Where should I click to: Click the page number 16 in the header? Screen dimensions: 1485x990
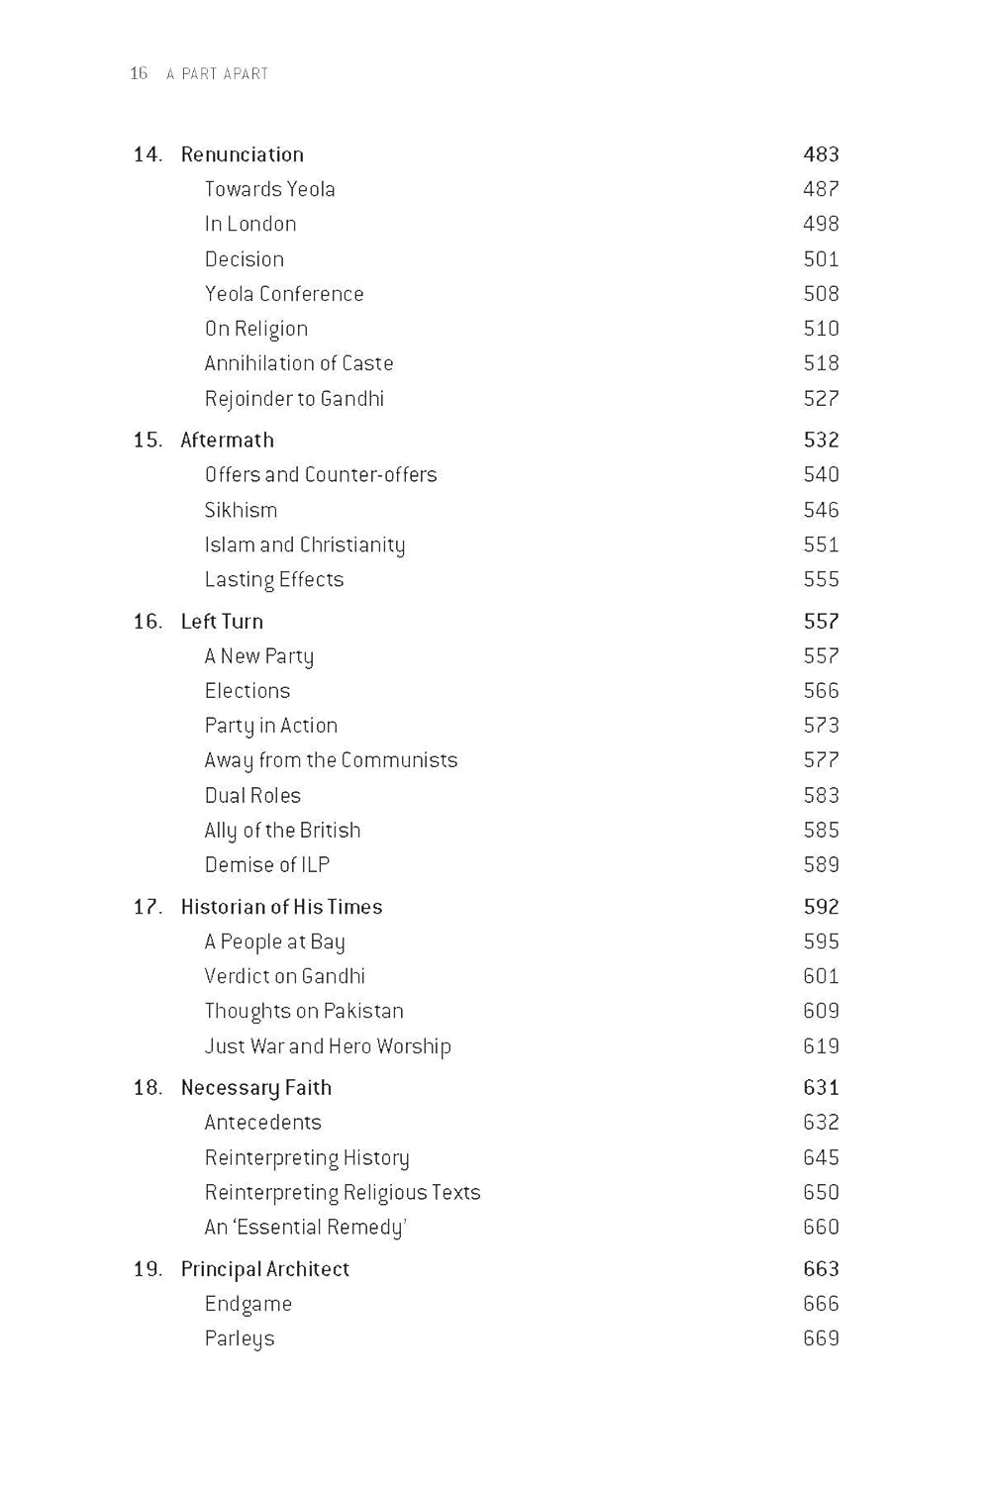click(139, 73)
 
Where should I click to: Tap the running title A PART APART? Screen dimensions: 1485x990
click(218, 73)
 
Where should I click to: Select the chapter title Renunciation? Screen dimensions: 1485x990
click(242, 154)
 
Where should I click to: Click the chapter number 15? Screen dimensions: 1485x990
click(147, 440)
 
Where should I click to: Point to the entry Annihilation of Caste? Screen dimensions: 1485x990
click(299, 363)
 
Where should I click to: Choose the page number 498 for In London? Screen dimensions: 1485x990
click(821, 224)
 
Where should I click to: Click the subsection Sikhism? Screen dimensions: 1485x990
click(241, 510)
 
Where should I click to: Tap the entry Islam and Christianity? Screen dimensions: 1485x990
click(305, 544)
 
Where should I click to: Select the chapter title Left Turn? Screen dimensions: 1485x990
click(222, 622)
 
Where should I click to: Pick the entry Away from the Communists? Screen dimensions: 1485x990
click(331, 760)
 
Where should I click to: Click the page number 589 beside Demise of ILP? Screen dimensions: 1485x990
click(821, 865)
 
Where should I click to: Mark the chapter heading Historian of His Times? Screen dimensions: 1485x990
click(281, 907)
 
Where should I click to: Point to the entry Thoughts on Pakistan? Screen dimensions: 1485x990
click(304, 1011)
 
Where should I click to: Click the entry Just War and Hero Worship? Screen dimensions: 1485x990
click(328, 1046)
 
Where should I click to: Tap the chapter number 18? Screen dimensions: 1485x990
click(147, 1088)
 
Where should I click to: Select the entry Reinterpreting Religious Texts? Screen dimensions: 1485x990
click(343, 1192)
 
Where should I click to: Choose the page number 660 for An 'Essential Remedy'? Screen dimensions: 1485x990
click(821, 1228)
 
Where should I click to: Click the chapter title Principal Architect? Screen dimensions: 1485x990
click(265, 1269)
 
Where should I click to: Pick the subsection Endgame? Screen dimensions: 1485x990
click(248, 1304)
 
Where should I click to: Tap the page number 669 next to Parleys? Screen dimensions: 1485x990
click(821, 1338)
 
